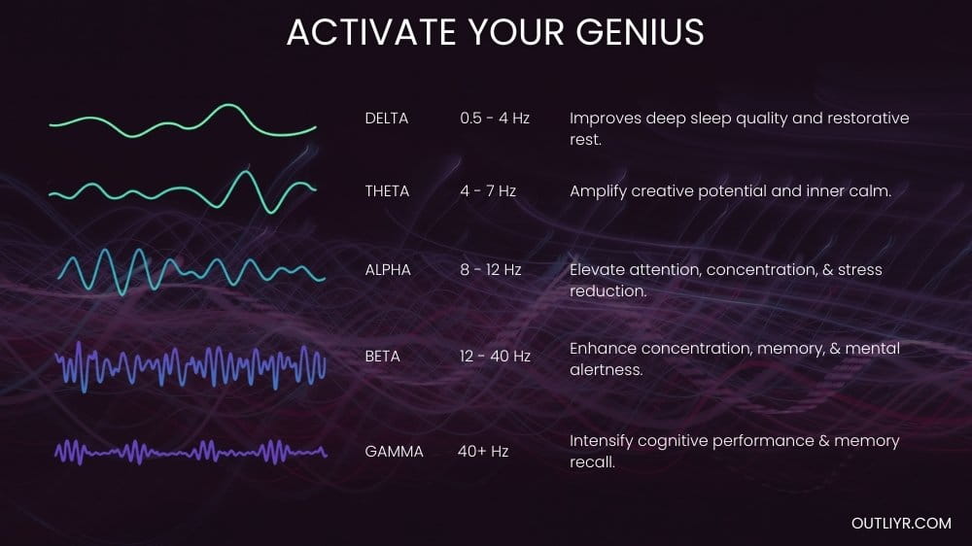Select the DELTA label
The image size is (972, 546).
(387, 119)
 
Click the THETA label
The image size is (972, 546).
(387, 191)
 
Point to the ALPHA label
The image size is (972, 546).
(388, 269)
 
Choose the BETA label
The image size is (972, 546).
(383, 357)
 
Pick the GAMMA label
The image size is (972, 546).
(394, 451)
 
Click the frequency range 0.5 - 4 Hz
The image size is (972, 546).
(495, 119)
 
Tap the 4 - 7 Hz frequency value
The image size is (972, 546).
(488, 191)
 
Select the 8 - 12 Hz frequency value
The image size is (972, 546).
(491, 269)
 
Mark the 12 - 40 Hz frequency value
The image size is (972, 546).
(495, 357)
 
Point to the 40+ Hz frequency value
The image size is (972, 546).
(483, 451)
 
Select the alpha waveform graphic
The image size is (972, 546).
(191, 270)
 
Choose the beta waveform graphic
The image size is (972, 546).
(191, 367)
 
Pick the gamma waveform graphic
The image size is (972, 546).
(191, 451)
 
